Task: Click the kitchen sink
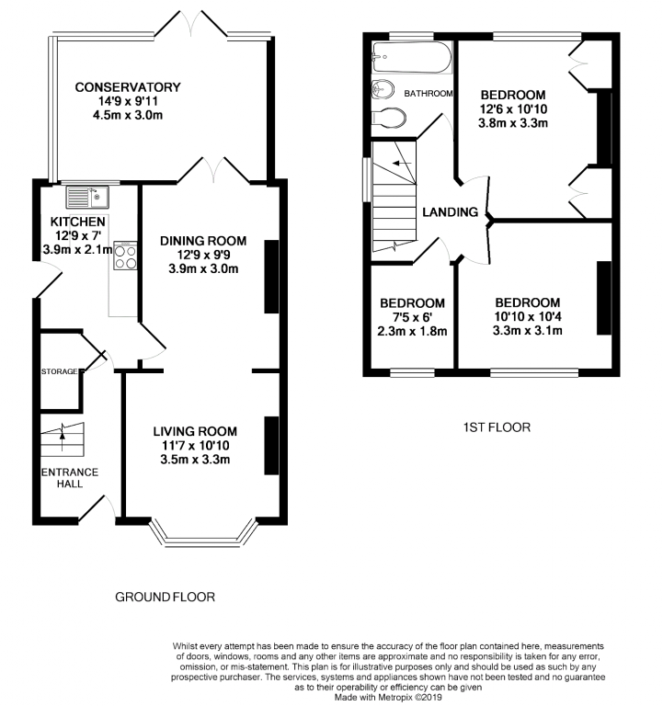[x=87, y=198]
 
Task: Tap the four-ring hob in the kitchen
[x=125, y=256]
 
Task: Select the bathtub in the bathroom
[x=412, y=57]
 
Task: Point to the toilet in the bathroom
[x=389, y=118]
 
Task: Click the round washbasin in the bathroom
[x=383, y=89]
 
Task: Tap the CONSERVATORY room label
[x=128, y=87]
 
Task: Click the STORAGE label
[x=59, y=371]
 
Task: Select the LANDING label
[x=450, y=212]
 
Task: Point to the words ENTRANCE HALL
[x=70, y=478]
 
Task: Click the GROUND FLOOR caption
[x=165, y=597]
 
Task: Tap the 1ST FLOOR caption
[x=497, y=427]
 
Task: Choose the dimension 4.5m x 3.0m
[x=128, y=115]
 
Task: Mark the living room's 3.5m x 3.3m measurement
[x=195, y=460]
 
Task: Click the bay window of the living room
[x=203, y=535]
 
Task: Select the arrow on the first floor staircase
[x=402, y=163]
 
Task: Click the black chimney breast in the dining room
[x=271, y=277]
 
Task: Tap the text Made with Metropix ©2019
[x=388, y=697]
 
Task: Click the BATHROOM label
[x=428, y=94]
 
